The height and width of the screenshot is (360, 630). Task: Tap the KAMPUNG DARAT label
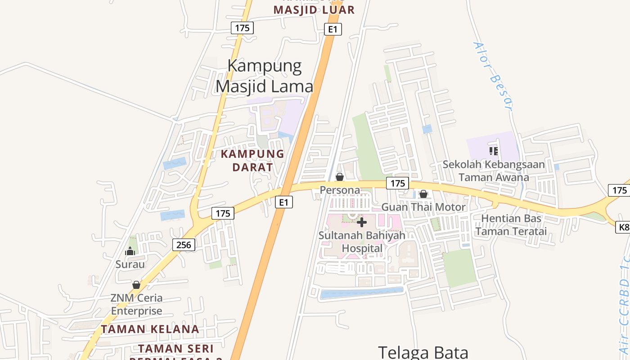click(252, 160)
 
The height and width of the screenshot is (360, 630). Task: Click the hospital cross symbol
click(361, 222)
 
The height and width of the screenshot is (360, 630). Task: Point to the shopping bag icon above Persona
click(340, 177)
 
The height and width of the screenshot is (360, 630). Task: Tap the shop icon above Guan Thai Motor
click(423, 194)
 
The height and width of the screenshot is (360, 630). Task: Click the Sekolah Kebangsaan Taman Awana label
click(494, 171)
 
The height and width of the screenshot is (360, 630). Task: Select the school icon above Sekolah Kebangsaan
click(494, 151)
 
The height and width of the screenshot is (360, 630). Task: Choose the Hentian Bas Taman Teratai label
click(511, 225)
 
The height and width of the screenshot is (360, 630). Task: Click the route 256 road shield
click(184, 245)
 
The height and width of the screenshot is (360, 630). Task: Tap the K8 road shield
click(623, 228)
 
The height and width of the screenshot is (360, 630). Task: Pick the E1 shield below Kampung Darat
click(283, 202)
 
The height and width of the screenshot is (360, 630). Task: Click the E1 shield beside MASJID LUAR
click(333, 30)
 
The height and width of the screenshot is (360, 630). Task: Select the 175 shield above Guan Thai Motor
click(397, 183)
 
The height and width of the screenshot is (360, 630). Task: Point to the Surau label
click(130, 264)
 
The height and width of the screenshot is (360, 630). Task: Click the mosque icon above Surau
click(130, 251)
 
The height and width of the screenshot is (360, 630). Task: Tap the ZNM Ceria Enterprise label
click(137, 304)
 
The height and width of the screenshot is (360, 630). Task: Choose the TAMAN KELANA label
click(150, 329)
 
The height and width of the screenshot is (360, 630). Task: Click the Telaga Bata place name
click(423, 352)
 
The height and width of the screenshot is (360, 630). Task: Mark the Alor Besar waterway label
click(493, 76)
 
